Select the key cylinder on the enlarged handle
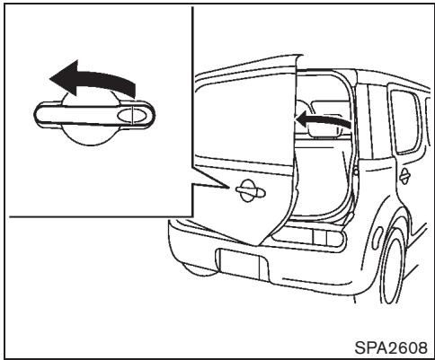click(x=133, y=114)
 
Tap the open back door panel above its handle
click(x=243, y=117)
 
